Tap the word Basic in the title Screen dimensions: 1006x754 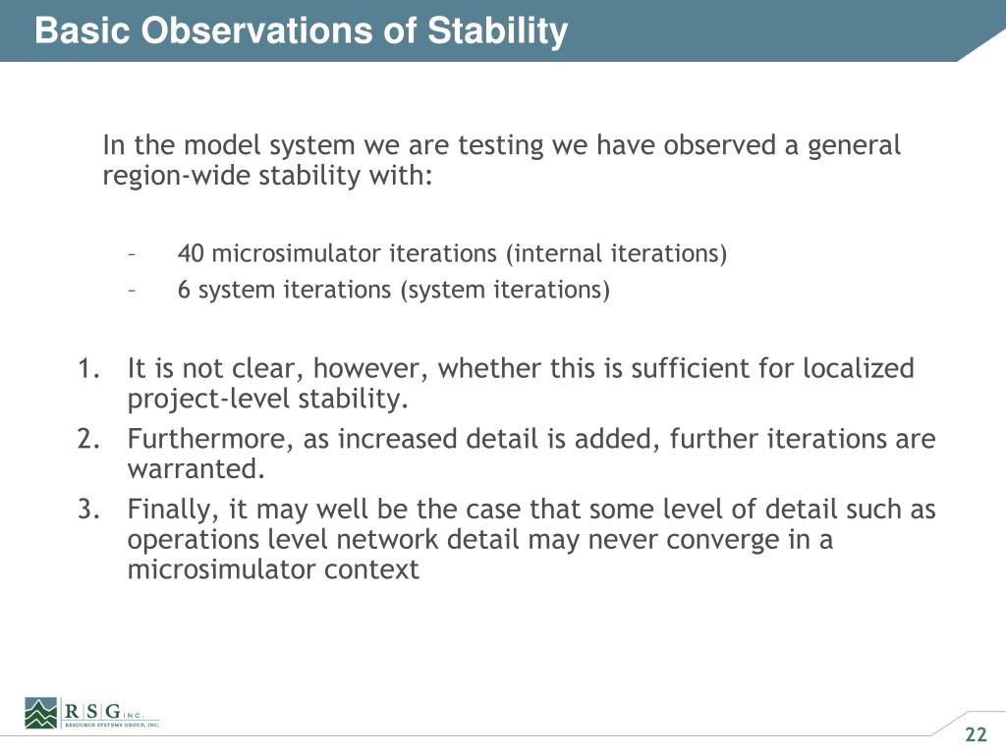point(83,30)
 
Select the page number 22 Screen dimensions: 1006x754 point(976,734)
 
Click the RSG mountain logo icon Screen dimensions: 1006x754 point(41,713)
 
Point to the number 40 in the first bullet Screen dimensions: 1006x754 point(191,253)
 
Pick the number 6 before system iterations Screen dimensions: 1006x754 point(184,290)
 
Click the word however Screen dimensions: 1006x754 point(370,369)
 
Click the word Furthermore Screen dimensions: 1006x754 point(210,440)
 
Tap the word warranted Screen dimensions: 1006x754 point(196,469)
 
